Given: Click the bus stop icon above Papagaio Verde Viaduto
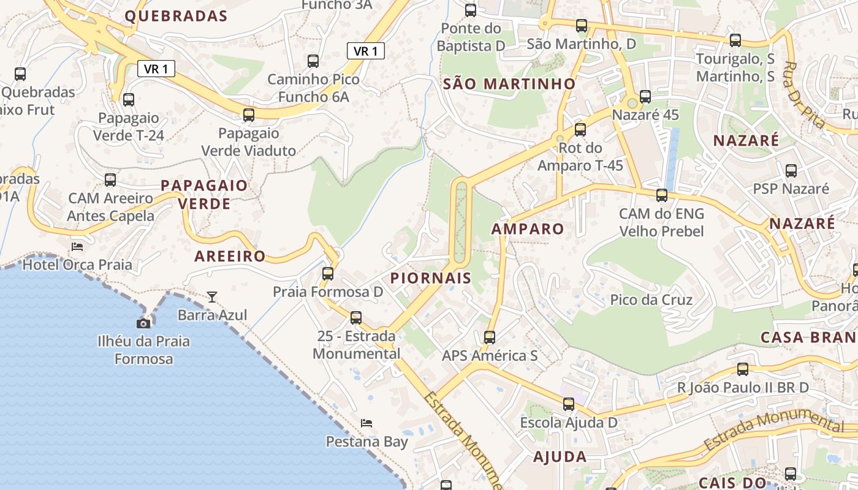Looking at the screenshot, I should tap(249, 115).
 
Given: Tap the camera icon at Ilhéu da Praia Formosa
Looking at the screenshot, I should tap(143, 323).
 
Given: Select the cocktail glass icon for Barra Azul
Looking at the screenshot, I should tap(212, 297).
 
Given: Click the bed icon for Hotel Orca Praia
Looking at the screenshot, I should tap(77, 246).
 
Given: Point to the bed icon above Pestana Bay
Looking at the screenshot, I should tap(366, 423).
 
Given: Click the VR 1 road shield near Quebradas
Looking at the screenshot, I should tap(156, 69).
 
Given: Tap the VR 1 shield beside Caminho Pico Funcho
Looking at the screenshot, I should tap(366, 51).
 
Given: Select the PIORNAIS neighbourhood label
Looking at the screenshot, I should tap(431, 278).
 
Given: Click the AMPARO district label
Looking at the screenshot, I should tap(528, 229).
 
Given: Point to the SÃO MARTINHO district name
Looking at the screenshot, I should tap(509, 84).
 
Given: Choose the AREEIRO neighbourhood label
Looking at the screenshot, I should tap(230, 256).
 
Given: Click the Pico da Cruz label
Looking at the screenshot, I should tap(651, 300).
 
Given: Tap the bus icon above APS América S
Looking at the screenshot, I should tap(490, 337).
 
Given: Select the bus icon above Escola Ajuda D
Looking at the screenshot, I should tap(569, 404).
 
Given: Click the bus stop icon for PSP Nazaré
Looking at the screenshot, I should tap(791, 170).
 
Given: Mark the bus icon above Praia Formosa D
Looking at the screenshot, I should tap(328, 273).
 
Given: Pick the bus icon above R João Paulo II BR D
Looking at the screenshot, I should tap(743, 369).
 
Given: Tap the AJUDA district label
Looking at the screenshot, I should tap(560, 456).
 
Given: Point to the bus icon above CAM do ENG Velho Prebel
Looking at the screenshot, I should tap(662, 195).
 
